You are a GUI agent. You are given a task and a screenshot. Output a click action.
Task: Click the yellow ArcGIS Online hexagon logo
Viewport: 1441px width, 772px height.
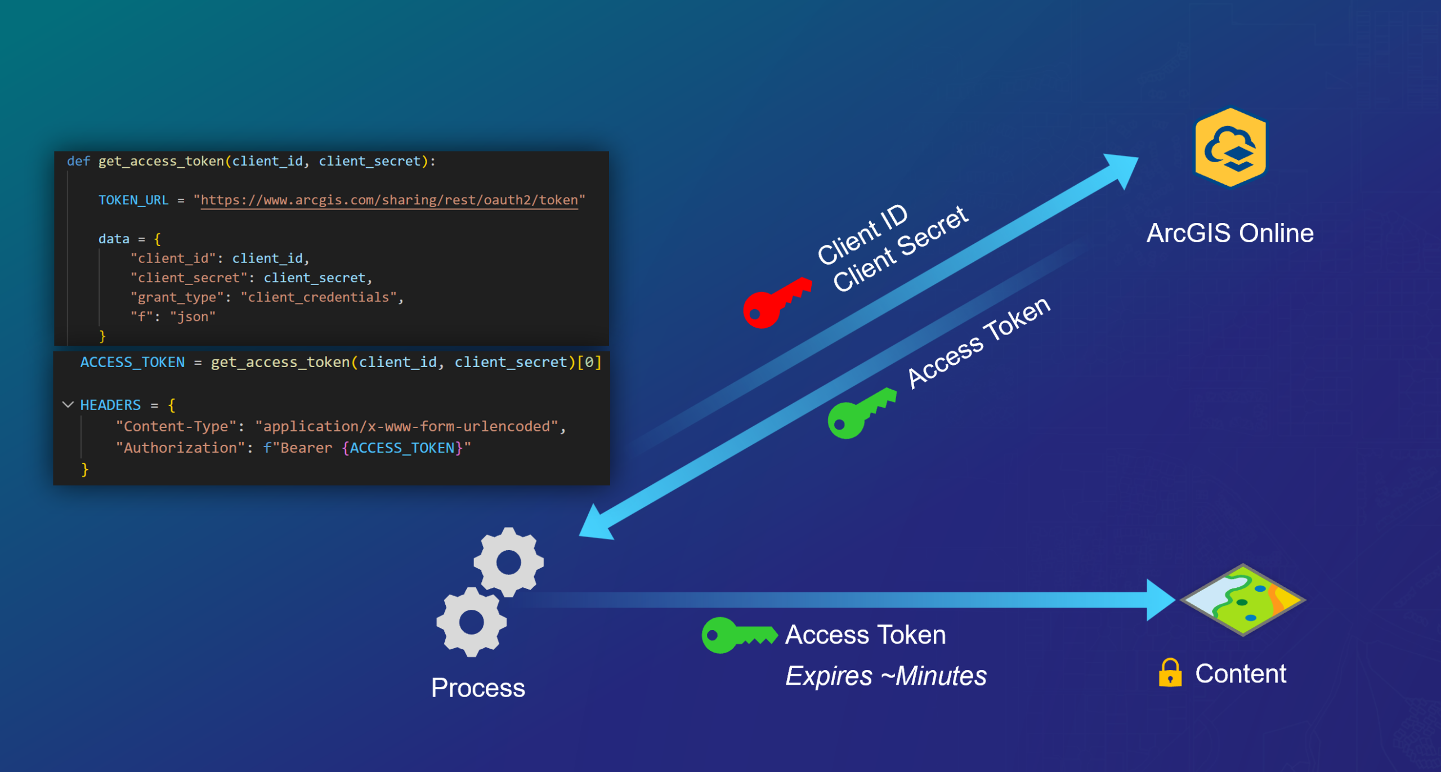coord(1230,148)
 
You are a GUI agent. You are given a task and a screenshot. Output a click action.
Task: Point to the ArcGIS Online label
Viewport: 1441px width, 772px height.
coord(1230,233)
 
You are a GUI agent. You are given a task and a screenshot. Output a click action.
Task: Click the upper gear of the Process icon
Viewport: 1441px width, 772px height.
coord(509,561)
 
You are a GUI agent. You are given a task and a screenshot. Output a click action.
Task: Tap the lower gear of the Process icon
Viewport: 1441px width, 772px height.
coord(472,622)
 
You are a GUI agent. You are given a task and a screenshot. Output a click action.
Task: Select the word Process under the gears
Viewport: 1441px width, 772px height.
coord(478,688)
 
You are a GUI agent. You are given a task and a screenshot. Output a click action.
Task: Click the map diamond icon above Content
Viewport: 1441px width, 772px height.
coord(1242,600)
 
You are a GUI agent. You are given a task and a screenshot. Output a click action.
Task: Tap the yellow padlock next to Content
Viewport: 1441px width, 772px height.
coord(1170,673)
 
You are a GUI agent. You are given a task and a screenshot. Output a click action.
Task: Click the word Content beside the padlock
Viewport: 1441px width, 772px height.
coord(1241,673)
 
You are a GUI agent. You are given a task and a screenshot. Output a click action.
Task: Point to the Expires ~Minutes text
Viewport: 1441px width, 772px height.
coord(885,676)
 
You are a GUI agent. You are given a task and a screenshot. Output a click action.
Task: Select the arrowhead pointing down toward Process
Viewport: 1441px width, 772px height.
coord(597,523)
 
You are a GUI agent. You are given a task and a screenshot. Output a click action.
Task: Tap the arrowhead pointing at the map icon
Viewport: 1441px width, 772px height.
coord(1160,600)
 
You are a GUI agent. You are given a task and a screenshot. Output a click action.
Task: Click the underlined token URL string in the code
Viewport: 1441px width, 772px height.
coord(389,200)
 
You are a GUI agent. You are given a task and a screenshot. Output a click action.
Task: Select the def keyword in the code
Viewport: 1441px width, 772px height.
coord(78,161)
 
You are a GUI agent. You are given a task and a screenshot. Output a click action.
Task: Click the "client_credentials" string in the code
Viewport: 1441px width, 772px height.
coord(319,297)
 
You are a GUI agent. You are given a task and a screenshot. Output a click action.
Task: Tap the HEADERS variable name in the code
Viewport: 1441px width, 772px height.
coord(110,405)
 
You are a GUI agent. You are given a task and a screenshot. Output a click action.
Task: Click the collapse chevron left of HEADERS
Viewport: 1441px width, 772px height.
coord(68,404)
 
